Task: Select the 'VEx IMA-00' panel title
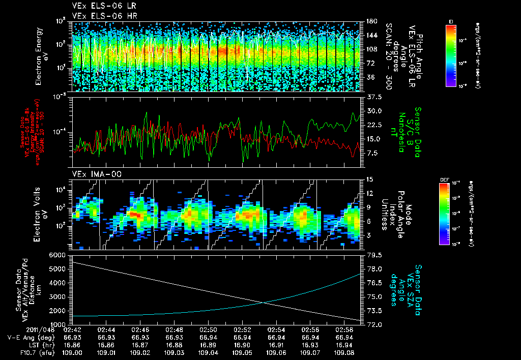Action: (x=89, y=174)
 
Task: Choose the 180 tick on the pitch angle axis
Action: (x=370, y=21)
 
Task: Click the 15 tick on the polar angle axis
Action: (x=369, y=179)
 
